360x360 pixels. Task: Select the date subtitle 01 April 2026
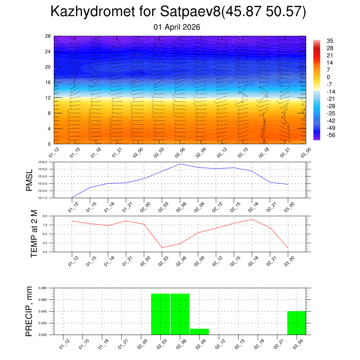click(x=177, y=27)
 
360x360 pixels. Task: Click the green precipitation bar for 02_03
click(x=161, y=314)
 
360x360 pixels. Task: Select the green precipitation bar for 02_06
click(x=180, y=314)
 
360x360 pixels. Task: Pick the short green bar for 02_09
click(x=199, y=332)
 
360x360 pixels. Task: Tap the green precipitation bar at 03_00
click(x=296, y=323)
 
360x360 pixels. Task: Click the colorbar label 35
click(x=330, y=41)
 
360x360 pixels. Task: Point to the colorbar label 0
click(x=328, y=77)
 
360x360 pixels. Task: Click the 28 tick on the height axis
click(x=48, y=36)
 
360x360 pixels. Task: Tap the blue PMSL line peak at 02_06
click(x=180, y=164)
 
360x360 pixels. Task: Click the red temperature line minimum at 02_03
click(x=162, y=248)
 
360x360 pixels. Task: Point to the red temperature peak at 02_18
click(x=252, y=219)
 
